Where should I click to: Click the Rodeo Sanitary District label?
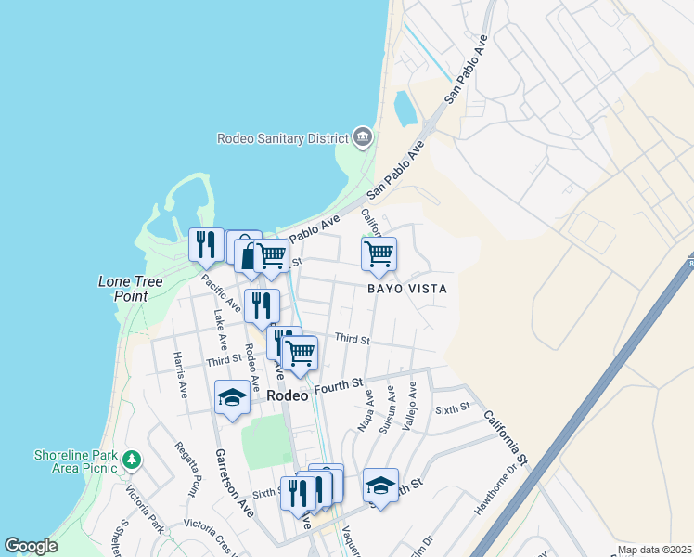pyautogui.click(x=282, y=138)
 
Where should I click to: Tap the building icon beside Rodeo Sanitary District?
pyautogui.click(x=363, y=138)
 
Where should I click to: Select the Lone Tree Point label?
pyautogui.click(x=131, y=288)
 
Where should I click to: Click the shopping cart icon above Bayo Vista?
pyautogui.click(x=379, y=253)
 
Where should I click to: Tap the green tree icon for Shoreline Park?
pyautogui.click(x=133, y=459)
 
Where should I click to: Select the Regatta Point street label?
pyautogui.click(x=186, y=468)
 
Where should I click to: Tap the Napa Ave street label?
pyautogui.click(x=366, y=410)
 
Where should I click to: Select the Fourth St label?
pyautogui.click(x=336, y=388)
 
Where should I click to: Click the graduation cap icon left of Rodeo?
pyautogui.click(x=232, y=398)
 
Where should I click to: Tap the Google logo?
pyautogui.click(x=31, y=546)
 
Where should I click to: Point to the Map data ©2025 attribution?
pyautogui.click(x=653, y=550)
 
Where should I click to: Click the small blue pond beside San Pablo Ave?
pyautogui.click(x=406, y=109)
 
